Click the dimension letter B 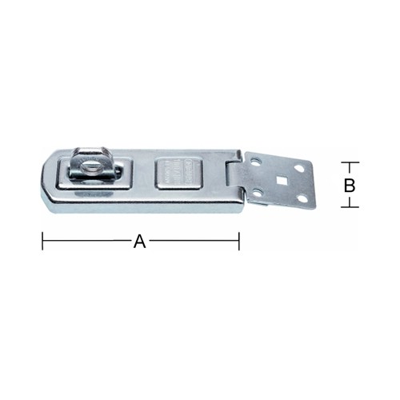pyautogui.click(x=350, y=185)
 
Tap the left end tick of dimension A pyautogui.click(x=42, y=240)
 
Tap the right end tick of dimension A pyautogui.click(x=238, y=240)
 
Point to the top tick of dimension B pyautogui.click(x=350, y=162)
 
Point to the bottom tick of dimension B pyautogui.click(x=350, y=207)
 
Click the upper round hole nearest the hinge pyautogui.click(x=257, y=163)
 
